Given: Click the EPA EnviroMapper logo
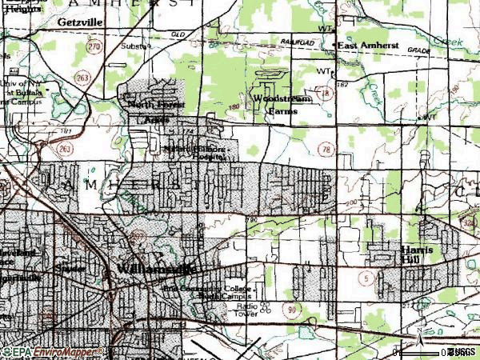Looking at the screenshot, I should pos(53,352).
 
